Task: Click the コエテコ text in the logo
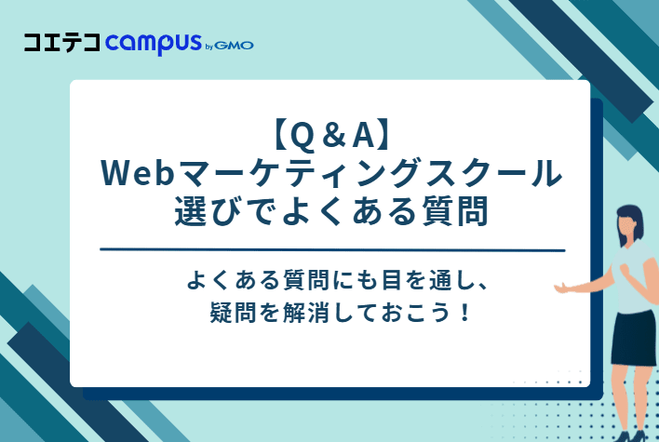(x=63, y=43)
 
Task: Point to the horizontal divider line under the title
(x=331, y=250)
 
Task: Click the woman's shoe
(x=639, y=434)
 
